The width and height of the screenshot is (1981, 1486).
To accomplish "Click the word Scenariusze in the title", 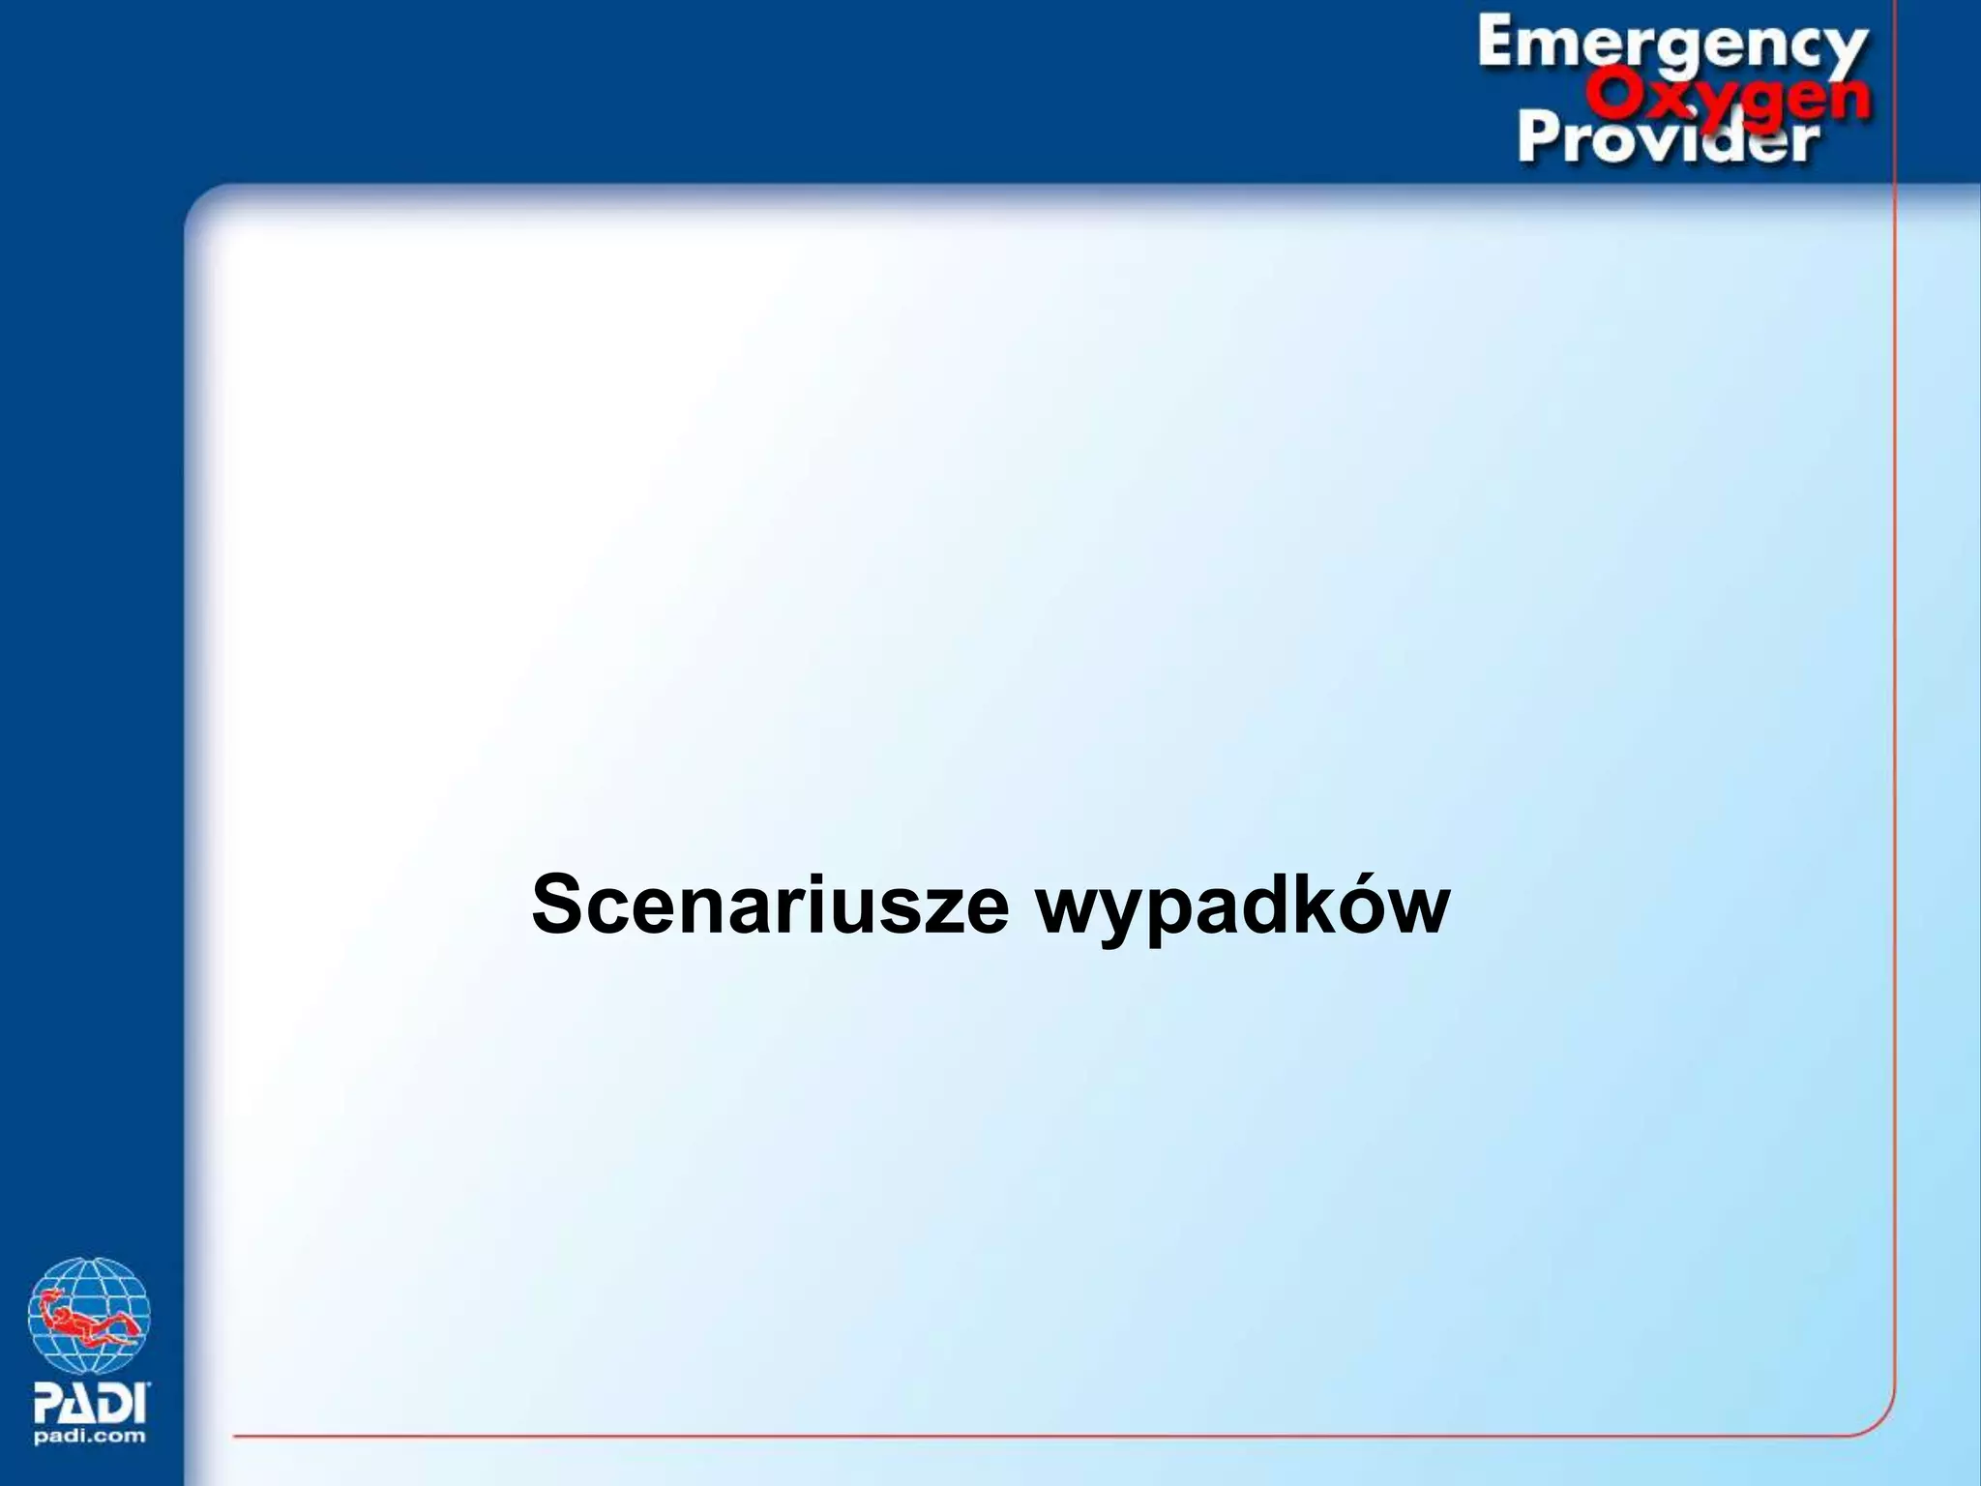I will pos(770,905).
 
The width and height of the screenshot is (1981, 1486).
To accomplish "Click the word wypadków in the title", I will pos(1243,907).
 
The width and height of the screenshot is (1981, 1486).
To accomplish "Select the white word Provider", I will pos(1668,138).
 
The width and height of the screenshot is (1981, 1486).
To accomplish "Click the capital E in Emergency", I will pos(1499,44).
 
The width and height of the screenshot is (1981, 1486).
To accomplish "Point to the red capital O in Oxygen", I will pos(1612,96).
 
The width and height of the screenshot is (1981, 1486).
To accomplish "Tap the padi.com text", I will pos(90,1436).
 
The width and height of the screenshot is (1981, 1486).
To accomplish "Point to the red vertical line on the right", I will pos(1894,774).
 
